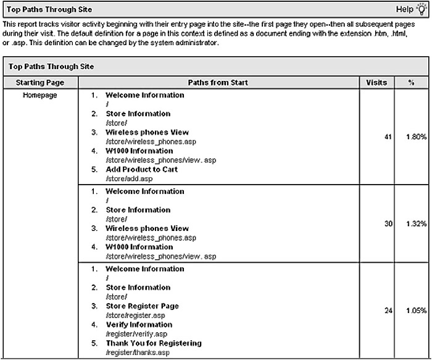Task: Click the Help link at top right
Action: tap(404, 10)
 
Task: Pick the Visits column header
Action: tap(376, 82)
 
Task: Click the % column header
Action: tap(410, 82)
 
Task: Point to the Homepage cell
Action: tap(40, 96)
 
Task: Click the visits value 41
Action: tap(388, 137)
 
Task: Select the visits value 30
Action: tap(388, 224)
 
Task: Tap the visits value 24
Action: tap(388, 311)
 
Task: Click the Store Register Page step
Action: tap(142, 306)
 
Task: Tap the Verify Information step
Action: tap(139, 325)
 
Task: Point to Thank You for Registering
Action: tap(153, 343)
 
